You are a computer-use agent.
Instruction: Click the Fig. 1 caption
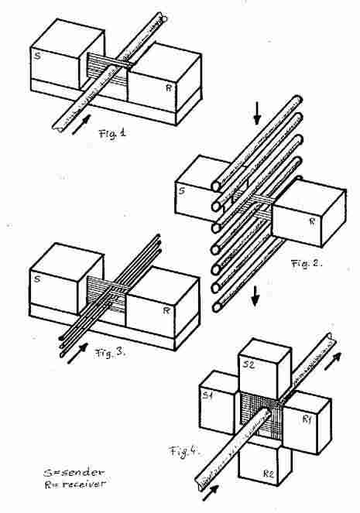click(x=112, y=134)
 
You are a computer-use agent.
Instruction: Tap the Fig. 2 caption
click(x=307, y=263)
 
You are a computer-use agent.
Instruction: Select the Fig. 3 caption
click(x=110, y=353)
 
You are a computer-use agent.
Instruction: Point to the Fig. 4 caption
click(x=184, y=452)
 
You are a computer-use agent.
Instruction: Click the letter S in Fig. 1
click(x=38, y=56)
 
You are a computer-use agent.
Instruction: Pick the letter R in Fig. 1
click(x=169, y=87)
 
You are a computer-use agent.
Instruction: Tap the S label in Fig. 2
click(x=182, y=191)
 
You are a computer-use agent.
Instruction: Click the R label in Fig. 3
click(x=166, y=310)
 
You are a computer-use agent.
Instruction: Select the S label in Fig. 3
click(x=37, y=279)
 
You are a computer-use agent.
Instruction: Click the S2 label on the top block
click(x=249, y=364)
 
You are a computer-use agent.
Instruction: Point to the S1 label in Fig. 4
click(x=207, y=395)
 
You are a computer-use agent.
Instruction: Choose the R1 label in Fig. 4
click(x=307, y=419)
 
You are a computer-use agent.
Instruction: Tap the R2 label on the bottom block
click(x=269, y=474)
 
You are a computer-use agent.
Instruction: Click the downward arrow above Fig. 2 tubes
click(x=257, y=113)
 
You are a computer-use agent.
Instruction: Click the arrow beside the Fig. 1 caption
click(x=81, y=125)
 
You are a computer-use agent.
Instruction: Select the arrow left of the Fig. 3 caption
click(x=77, y=354)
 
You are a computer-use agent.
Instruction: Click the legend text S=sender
click(x=74, y=473)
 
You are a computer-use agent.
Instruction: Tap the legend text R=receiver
click(x=75, y=484)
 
